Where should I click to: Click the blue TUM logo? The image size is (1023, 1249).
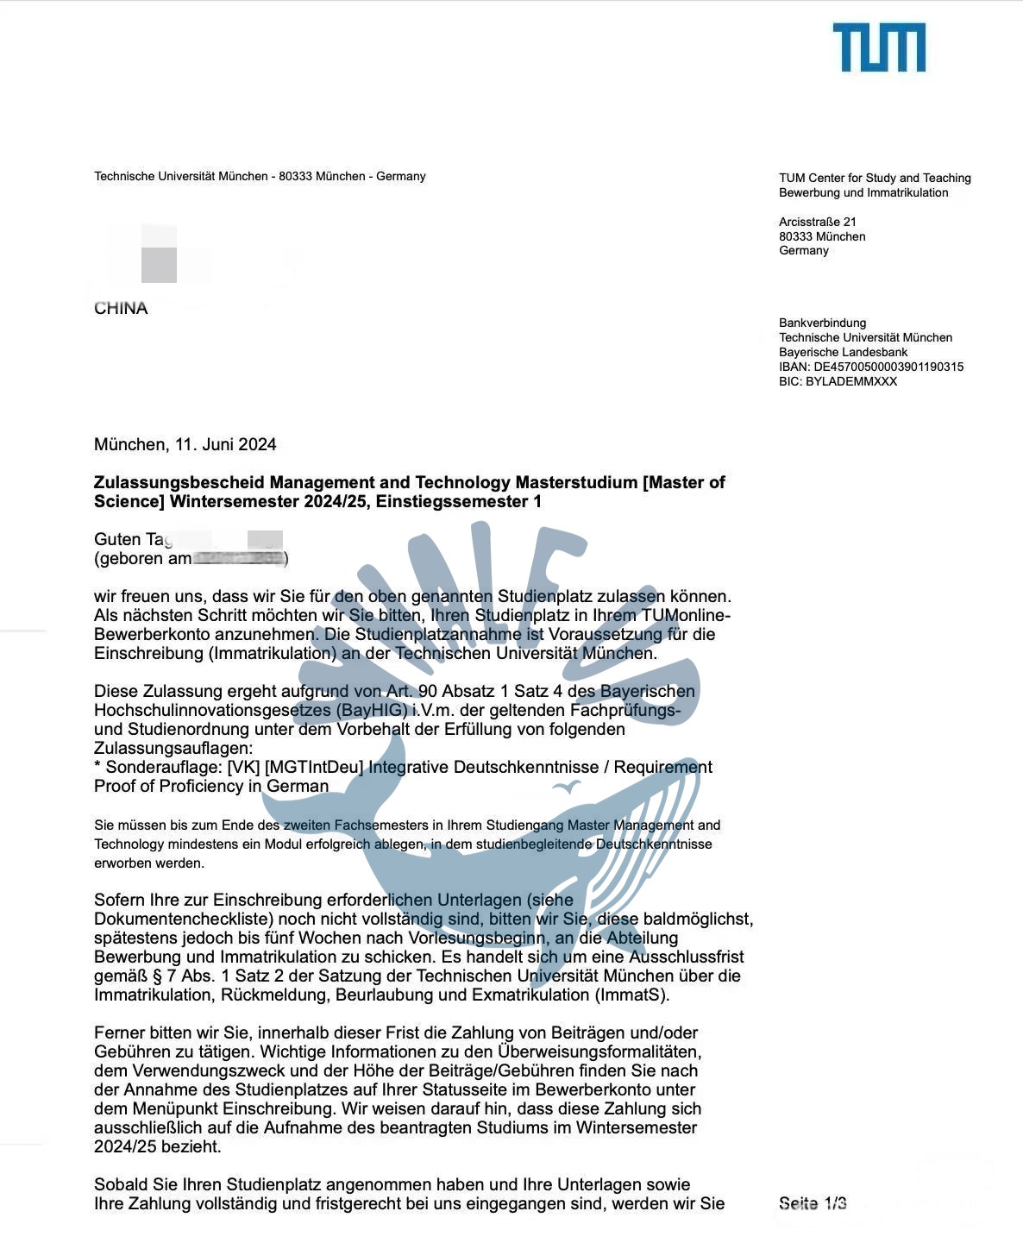click(878, 47)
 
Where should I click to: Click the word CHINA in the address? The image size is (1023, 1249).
click(121, 309)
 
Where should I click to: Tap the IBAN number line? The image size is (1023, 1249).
click(871, 367)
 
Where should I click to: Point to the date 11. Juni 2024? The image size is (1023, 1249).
click(226, 445)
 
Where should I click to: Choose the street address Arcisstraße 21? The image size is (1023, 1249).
click(818, 222)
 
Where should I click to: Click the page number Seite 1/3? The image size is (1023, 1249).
click(812, 1203)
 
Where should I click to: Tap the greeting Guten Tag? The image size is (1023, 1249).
click(132, 540)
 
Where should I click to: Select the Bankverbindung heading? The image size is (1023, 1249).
click(822, 323)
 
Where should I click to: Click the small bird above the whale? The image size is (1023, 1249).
click(567, 787)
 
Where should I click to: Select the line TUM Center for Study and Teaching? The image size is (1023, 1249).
click(875, 178)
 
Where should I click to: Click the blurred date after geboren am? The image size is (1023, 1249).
click(239, 559)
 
